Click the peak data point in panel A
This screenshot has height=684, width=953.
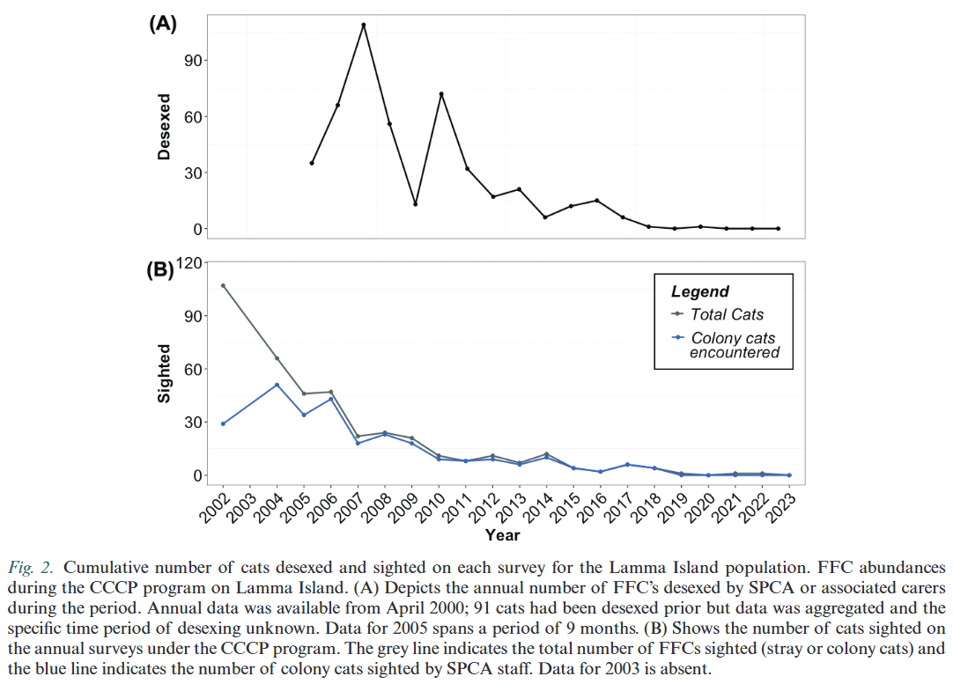pos(363,25)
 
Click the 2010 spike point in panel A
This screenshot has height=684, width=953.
pos(441,94)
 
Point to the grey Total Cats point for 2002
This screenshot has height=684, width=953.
pos(223,285)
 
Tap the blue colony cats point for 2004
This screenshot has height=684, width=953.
pos(277,385)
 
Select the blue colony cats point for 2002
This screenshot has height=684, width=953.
pos(223,423)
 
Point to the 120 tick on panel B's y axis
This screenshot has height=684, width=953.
pos(191,262)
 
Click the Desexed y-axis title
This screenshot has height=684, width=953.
pos(164,128)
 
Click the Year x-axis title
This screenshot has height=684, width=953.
pos(502,534)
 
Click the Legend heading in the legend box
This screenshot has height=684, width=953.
pos(700,291)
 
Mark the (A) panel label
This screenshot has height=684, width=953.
pos(163,24)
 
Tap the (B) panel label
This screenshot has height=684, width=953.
pos(160,270)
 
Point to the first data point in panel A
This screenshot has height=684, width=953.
pos(312,163)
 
